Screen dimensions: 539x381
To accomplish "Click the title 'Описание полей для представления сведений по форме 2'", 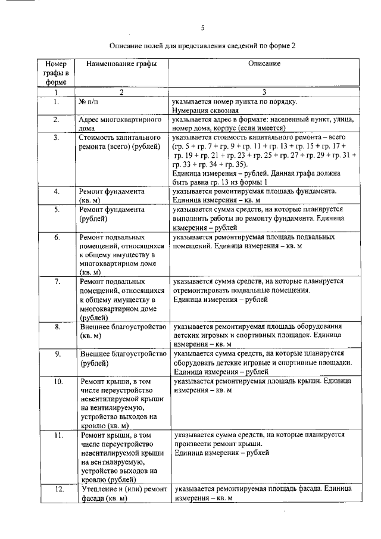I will coord(202,45).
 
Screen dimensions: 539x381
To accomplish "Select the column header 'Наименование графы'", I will coord(118,63).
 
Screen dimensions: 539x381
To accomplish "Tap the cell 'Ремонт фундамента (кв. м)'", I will coord(112,196).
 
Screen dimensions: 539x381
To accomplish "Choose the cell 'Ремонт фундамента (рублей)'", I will coord(112,214).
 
